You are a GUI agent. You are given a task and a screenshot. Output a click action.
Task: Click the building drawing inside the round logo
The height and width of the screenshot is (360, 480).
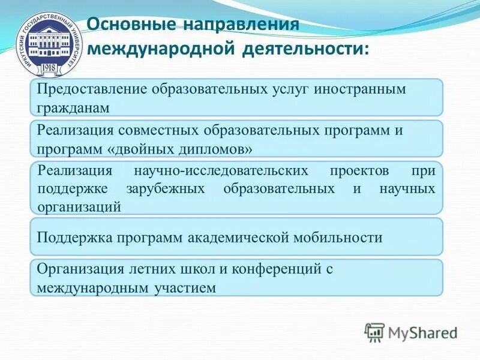[46, 43]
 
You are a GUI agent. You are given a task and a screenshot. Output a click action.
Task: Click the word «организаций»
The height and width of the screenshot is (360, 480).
[79, 206]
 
